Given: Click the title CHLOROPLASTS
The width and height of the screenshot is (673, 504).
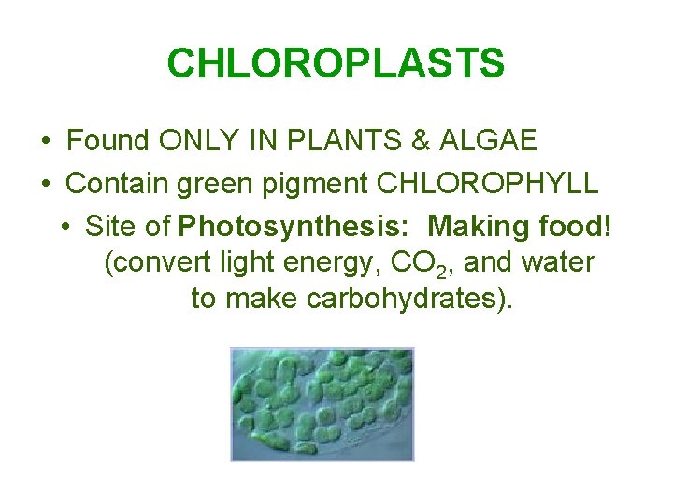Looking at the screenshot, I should [x=336, y=63].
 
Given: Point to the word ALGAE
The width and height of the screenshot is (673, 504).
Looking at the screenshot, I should [x=492, y=141].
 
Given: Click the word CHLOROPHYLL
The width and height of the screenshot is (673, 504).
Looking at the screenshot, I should [x=487, y=183].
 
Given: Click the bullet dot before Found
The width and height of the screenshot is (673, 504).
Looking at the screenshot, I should [x=46, y=142].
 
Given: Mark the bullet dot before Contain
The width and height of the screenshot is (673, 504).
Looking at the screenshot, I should [x=46, y=184].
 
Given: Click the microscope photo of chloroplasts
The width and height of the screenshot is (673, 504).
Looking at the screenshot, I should [x=322, y=403].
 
